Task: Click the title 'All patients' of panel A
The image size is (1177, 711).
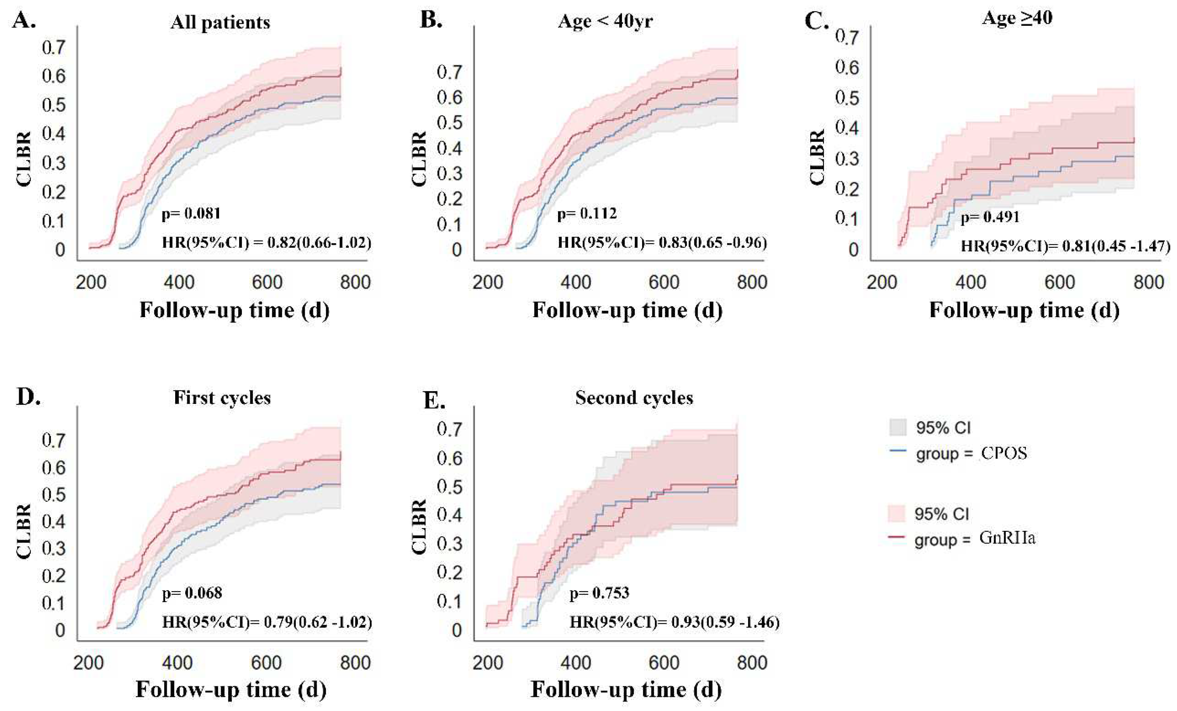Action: tap(220, 22)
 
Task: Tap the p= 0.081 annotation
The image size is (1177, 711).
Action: tap(191, 213)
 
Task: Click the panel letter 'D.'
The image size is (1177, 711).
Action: tap(28, 396)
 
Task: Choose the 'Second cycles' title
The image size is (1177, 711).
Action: tap(634, 397)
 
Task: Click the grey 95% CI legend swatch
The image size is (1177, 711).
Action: tap(898, 427)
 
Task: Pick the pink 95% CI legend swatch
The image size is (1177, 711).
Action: tap(897, 513)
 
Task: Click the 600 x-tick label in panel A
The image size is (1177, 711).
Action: tap(267, 282)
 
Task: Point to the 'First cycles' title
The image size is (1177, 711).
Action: tap(222, 397)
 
